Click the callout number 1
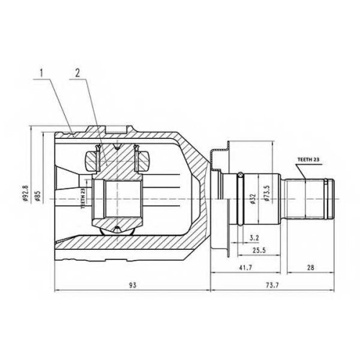pyautogui.click(x=42, y=73)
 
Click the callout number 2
pyautogui.click(x=77, y=73)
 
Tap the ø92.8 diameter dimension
pyautogui.click(x=26, y=194)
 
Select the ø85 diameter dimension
pyautogui.click(x=37, y=196)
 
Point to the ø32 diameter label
pyautogui.click(x=253, y=199)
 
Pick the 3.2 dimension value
pyautogui.click(x=254, y=238)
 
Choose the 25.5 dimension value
pyautogui.click(x=259, y=251)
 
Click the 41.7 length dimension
pyautogui.click(x=246, y=267)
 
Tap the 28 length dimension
pyautogui.click(x=310, y=267)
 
